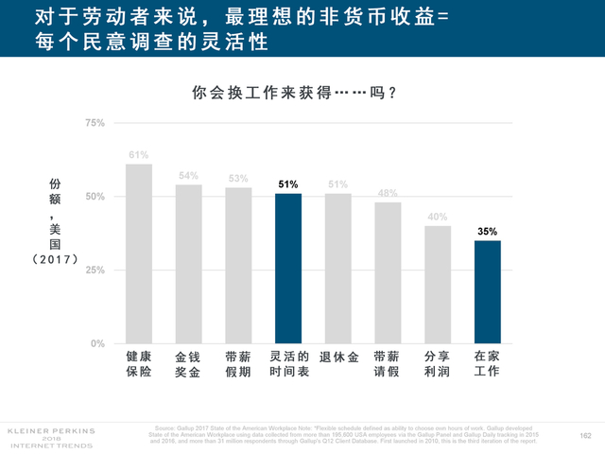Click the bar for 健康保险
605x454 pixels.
[x=139, y=253]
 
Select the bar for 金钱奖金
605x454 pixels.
[x=188, y=264]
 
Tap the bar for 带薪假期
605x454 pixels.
[x=238, y=265]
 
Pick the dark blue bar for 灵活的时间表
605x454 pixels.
[x=288, y=268]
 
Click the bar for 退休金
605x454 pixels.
[x=337, y=268]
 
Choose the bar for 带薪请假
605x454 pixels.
[x=388, y=272]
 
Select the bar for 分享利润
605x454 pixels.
[x=437, y=284]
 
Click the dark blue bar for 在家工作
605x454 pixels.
[x=487, y=291]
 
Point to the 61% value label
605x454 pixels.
[x=139, y=155]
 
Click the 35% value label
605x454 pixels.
[x=487, y=231]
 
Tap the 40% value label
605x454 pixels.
[x=437, y=217]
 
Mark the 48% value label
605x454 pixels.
[x=388, y=193]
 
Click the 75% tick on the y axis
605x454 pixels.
[x=95, y=123]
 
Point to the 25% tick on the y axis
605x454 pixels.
[x=95, y=271]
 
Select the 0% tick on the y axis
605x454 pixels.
[x=97, y=343]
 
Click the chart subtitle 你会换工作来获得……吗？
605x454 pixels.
[x=293, y=94]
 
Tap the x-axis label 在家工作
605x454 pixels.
[x=487, y=364]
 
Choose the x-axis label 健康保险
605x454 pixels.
[x=139, y=364]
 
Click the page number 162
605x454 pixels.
[x=584, y=435]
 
